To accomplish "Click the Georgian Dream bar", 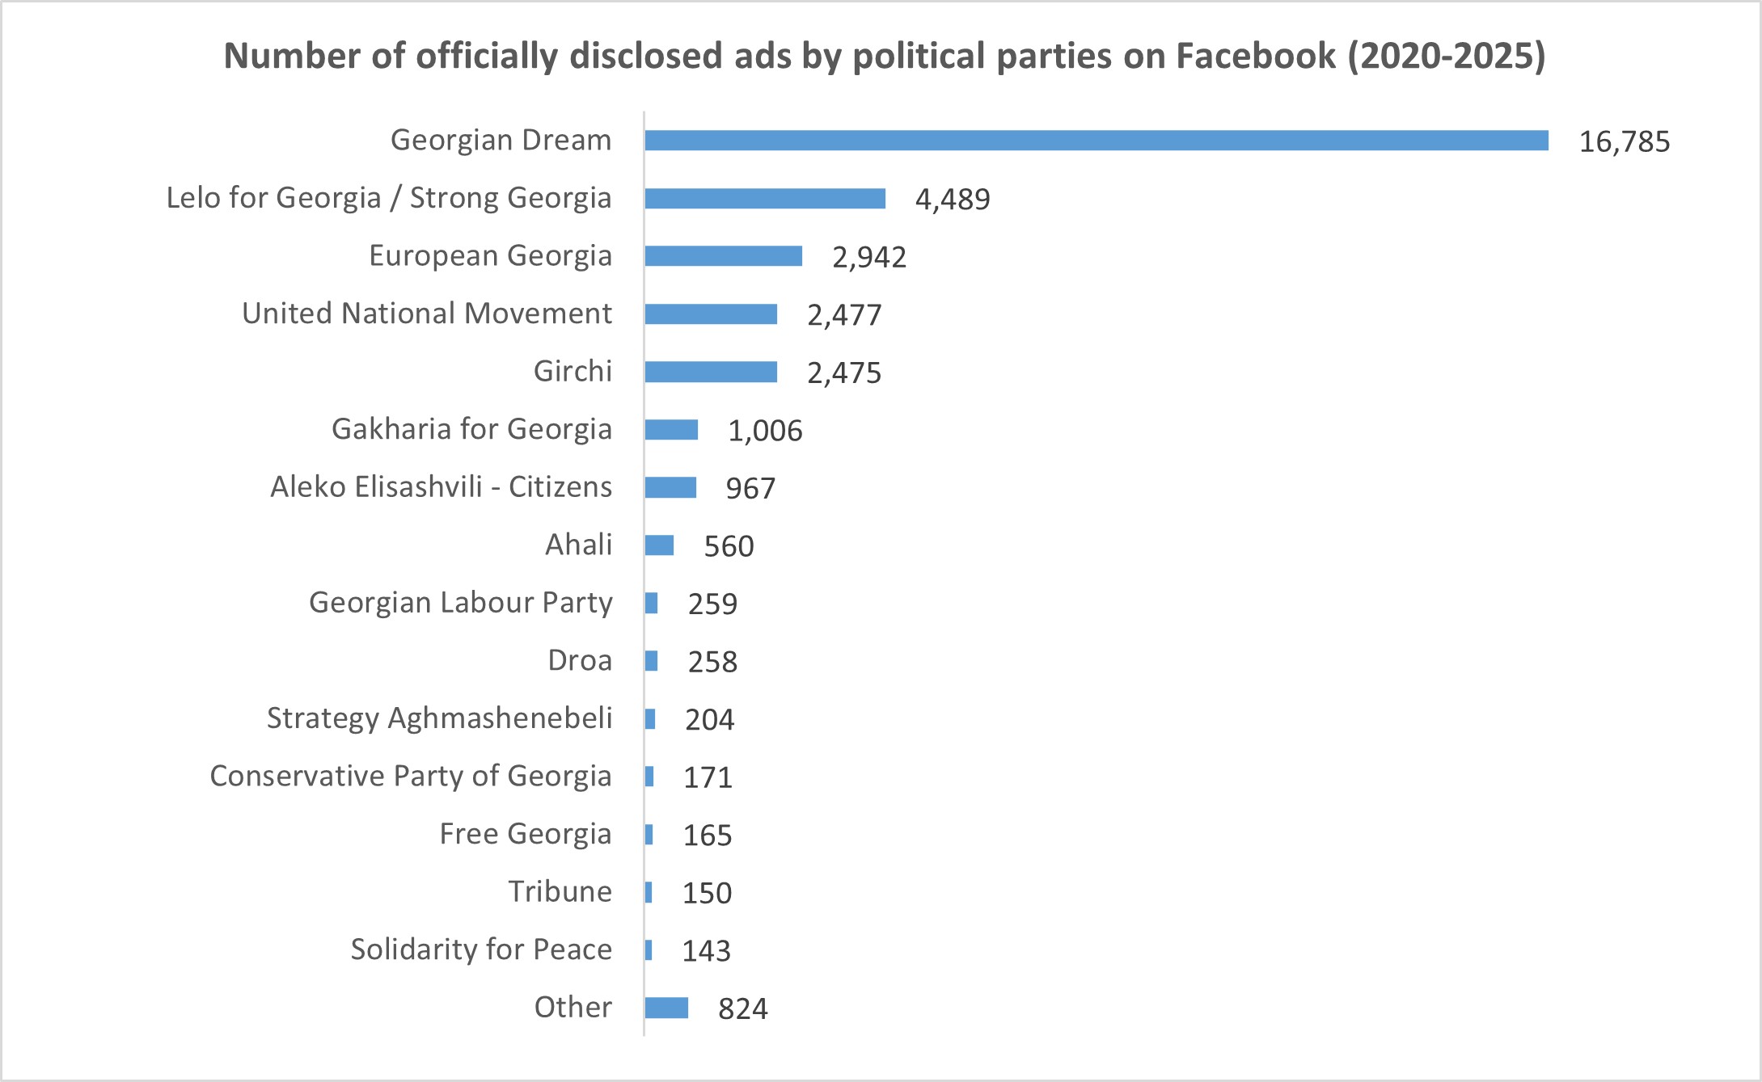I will click(1096, 141).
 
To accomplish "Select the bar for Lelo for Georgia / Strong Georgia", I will click(765, 199).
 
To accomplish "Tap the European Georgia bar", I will click(724, 256).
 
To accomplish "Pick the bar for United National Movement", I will click(711, 314).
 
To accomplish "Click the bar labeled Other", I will click(666, 1008).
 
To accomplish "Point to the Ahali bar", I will click(659, 545).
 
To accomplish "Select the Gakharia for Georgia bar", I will click(671, 430).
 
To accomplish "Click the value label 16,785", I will click(1624, 142).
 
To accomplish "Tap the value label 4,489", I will click(953, 200).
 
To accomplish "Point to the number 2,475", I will click(844, 373).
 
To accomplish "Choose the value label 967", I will click(750, 489).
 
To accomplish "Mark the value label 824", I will click(743, 1009).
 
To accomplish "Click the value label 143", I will click(706, 951).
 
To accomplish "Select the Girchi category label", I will click(573, 372).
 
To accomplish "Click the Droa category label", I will click(580, 661).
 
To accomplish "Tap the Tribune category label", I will click(560, 892).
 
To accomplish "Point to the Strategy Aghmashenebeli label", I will click(439, 718).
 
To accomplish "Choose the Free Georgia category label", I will click(525, 834).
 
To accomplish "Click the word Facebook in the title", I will click(1255, 57).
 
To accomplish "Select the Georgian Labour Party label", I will click(460, 603).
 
